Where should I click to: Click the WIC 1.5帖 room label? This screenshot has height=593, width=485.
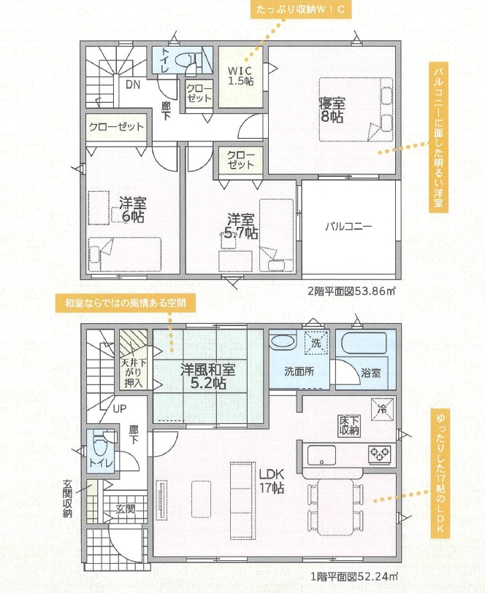click(240, 76)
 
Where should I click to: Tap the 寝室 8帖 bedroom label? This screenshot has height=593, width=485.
click(332, 110)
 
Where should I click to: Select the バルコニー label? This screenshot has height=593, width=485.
click(348, 227)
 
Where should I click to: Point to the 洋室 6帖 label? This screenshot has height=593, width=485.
click(132, 210)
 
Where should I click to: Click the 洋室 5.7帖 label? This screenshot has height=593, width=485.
click(240, 227)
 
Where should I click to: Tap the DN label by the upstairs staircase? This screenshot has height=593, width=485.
click(133, 85)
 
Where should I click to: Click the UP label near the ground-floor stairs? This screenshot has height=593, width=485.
click(120, 408)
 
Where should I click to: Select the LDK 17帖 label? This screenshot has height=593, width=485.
click(272, 481)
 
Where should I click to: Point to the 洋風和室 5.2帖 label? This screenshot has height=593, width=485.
click(207, 376)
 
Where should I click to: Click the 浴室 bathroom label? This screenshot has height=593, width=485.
click(370, 373)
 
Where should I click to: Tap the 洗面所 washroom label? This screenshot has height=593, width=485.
click(299, 371)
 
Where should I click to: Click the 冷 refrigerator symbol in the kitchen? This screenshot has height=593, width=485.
click(383, 410)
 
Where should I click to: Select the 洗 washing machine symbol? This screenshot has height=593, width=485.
click(316, 343)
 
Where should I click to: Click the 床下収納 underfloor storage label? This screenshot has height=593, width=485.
click(349, 425)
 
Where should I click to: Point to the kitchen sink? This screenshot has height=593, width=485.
click(321, 455)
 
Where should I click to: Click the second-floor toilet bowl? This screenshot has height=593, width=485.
click(181, 60)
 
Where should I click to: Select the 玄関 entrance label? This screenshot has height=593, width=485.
click(126, 508)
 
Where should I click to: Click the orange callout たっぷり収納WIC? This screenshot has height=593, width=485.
click(300, 9)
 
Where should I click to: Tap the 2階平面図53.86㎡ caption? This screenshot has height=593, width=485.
click(351, 291)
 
